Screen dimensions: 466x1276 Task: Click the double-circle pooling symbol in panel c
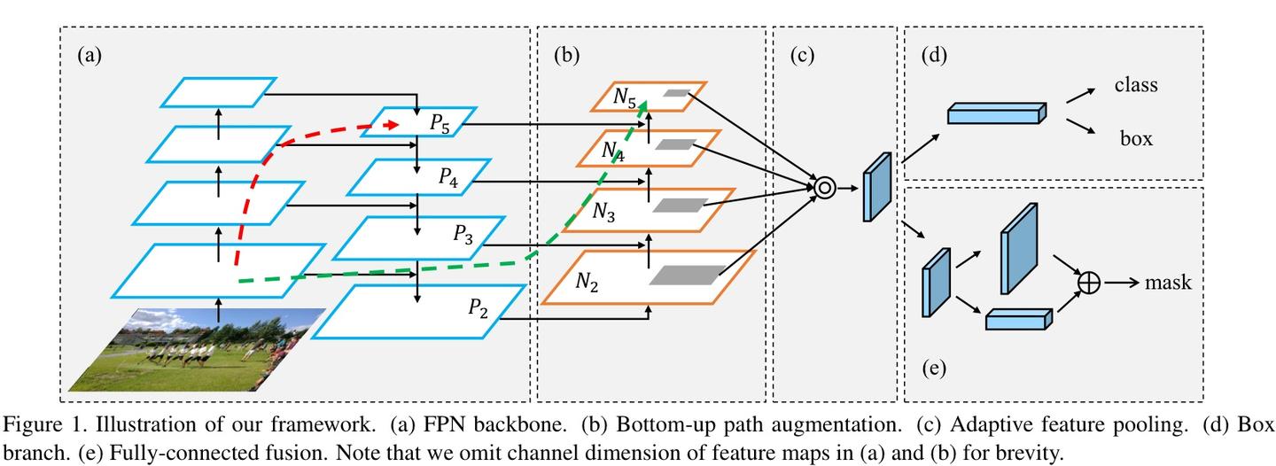825,188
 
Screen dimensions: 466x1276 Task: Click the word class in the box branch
1136,86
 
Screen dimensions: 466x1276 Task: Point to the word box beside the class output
1135,138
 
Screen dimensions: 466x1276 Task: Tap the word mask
1168,283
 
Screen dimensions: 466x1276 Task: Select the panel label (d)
934,56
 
